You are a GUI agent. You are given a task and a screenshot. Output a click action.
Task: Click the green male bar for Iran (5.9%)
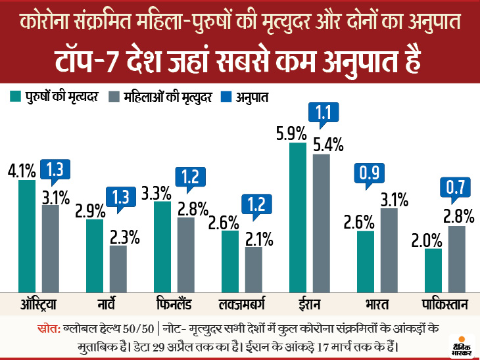click(x=298, y=217)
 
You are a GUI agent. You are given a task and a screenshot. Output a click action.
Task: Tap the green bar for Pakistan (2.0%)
click(x=433, y=270)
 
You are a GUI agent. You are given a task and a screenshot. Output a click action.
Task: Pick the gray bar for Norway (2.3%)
click(x=118, y=269)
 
